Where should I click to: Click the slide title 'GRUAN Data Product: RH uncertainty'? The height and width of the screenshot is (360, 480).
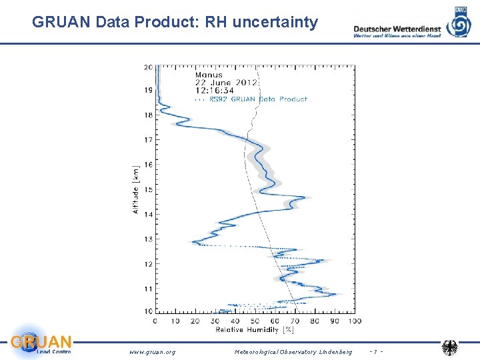175,23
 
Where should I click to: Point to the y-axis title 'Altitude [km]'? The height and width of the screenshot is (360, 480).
136,189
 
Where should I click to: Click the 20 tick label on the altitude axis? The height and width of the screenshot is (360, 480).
147,67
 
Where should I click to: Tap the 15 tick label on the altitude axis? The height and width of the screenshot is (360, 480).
147,190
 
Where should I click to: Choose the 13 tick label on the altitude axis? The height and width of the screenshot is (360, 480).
147,239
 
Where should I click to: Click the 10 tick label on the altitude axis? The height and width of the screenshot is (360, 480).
147,311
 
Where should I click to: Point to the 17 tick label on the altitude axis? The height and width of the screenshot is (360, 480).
147,140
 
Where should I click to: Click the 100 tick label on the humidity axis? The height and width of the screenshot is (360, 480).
354,321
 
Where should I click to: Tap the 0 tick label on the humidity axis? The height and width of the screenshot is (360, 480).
155,321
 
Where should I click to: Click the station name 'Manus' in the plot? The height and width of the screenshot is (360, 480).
209,75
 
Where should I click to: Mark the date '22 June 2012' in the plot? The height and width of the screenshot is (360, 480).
225,83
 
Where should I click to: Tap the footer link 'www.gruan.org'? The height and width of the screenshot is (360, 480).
152,351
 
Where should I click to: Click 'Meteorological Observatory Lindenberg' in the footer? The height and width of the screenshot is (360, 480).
293,351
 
